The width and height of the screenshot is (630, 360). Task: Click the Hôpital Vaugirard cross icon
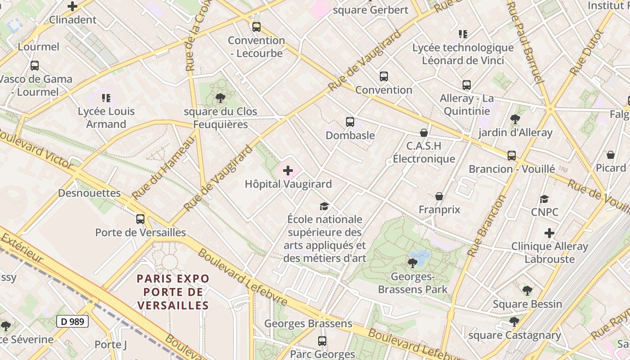288,171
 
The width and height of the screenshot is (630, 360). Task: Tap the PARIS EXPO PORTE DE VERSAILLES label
173,292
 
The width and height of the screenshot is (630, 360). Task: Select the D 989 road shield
72,321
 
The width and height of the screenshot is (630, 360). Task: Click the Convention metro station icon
383,76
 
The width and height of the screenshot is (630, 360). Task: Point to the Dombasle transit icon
350,121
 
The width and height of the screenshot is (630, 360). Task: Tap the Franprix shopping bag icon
439,196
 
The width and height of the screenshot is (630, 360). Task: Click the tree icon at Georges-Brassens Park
412,263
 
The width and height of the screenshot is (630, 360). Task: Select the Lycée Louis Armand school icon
106,98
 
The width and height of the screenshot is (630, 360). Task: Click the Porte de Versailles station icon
140,219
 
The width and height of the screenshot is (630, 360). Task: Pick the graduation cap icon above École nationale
324,206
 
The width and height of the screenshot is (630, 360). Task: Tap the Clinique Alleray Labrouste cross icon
549,233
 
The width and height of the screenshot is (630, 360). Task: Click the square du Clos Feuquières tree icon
220,98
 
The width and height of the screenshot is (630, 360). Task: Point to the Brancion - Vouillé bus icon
511,156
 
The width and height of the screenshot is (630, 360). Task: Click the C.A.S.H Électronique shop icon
423,132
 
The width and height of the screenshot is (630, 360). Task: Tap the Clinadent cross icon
72,6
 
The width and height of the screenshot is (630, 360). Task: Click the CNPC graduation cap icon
544,199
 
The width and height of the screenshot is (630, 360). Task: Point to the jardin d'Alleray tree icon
515,119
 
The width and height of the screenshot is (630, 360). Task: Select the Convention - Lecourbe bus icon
256,27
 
